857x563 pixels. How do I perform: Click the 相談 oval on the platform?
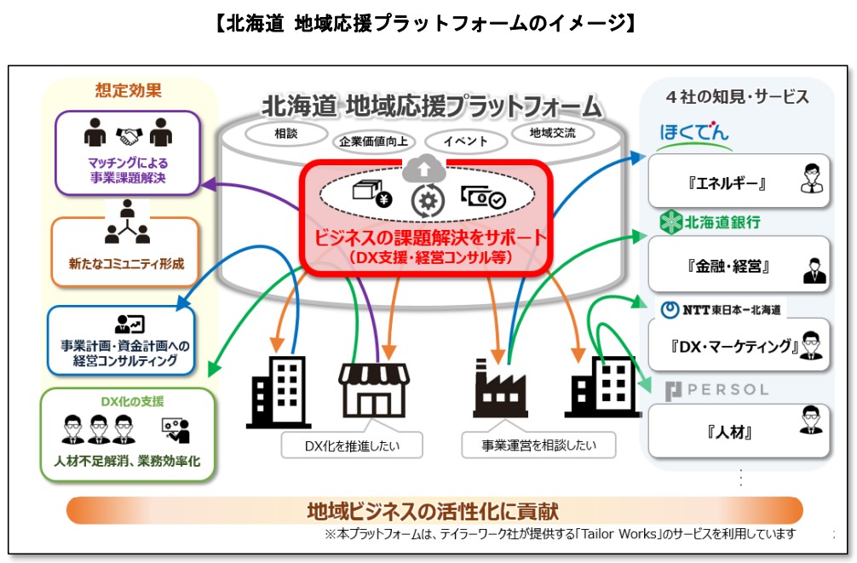[285, 133]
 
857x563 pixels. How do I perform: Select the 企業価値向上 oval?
[372, 141]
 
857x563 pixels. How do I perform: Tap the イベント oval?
[465, 141]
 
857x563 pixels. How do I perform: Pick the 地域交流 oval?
[552, 133]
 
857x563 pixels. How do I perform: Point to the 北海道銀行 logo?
[710, 222]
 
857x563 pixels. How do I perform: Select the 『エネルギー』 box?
[738, 181]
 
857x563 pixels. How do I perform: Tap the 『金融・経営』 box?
[738, 266]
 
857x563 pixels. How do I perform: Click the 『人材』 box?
[738, 431]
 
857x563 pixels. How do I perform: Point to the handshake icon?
[129, 135]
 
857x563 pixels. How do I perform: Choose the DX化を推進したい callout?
[352, 444]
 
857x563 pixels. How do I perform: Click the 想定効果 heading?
[128, 89]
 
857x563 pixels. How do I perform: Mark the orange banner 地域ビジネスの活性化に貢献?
[434, 510]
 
